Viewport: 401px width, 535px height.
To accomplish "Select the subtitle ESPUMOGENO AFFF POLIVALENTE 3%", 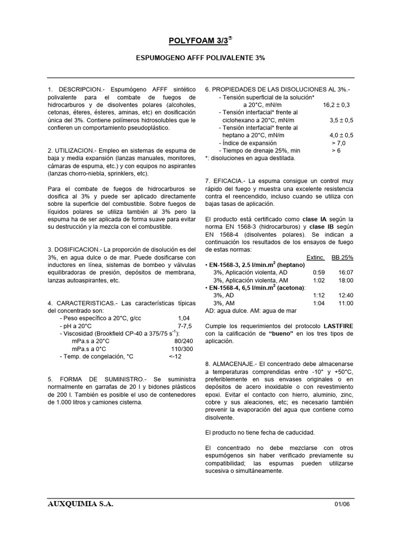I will pyautogui.click(x=200, y=59).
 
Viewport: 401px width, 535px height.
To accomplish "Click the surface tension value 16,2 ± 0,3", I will pyautogui.click(x=338, y=104).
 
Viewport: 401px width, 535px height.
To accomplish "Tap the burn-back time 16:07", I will pyautogui.click(x=346, y=272).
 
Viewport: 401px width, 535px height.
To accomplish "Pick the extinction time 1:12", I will pyautogui.click(x=319, y=295).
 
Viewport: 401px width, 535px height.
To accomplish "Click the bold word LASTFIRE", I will pyautogui.click(x=337, y=325).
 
